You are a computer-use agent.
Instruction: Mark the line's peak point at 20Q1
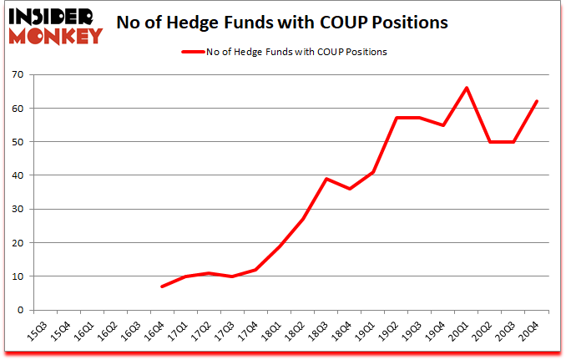tap(466, 88)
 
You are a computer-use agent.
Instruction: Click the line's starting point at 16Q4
tap(162, 286)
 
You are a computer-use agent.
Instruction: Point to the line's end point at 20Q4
tap(537, 101)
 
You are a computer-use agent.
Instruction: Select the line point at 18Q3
tap(326, 179)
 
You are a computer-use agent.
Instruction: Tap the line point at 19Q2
tap(396, 118)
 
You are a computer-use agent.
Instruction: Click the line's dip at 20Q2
tap(489, 142)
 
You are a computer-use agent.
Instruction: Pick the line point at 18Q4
tap(349, 189)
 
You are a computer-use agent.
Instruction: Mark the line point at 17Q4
tap(255, 269)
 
